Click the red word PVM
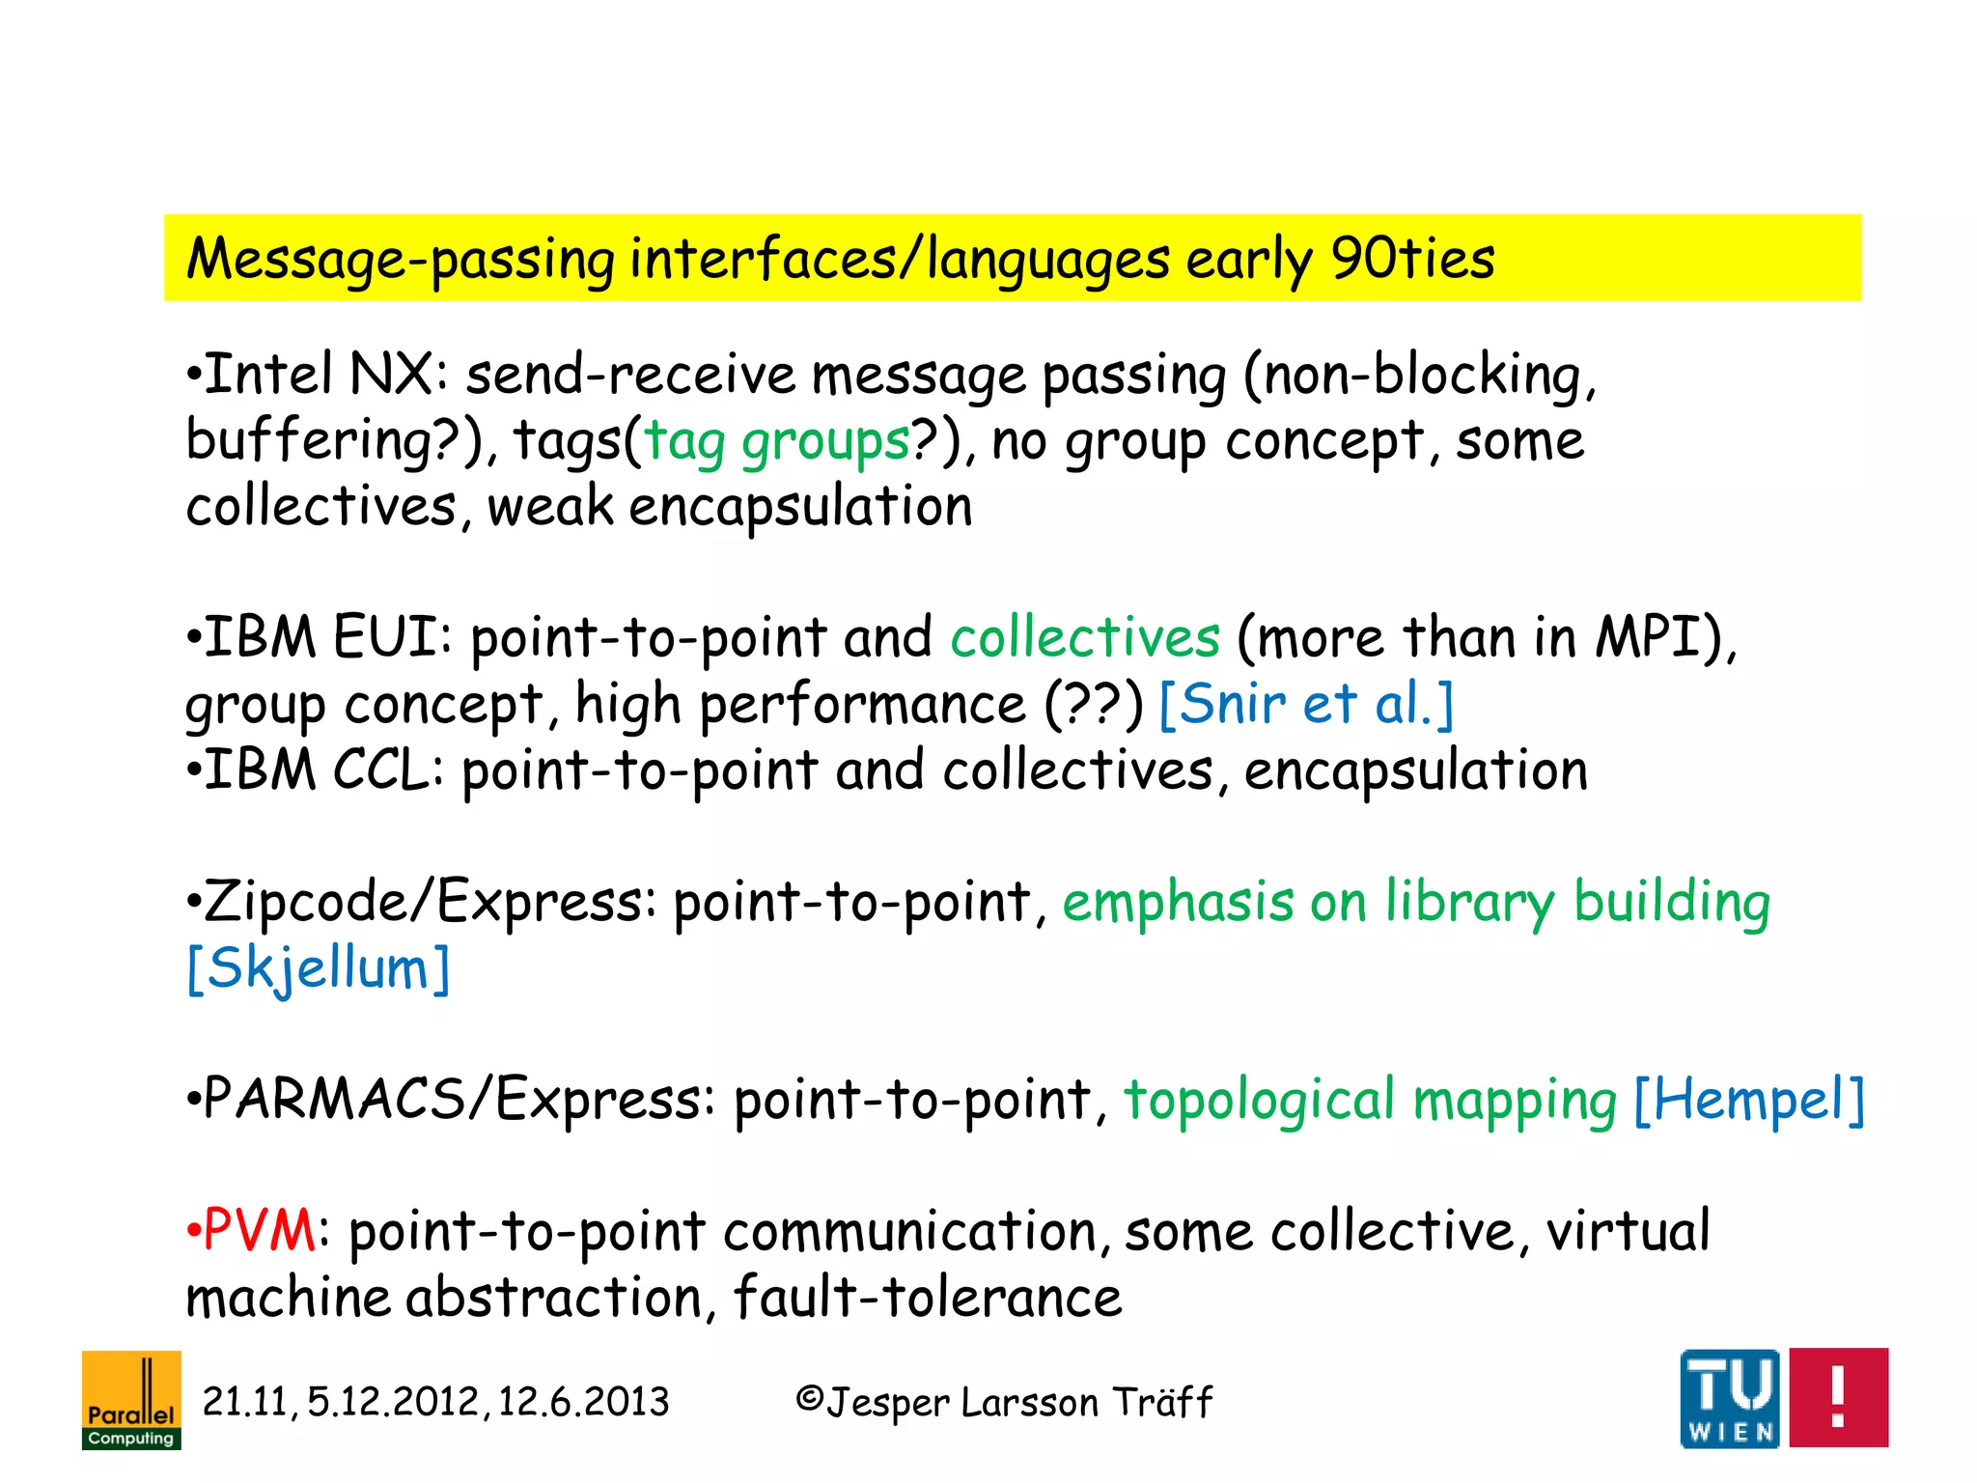click(259, 1231)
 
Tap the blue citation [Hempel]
click(1748, 1100)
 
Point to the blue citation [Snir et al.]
click(1305, 704)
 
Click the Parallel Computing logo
click(131, 1399)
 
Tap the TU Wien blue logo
click(1729, 1398)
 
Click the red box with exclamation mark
click(1838, 1397)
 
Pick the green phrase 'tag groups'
click(777, 441)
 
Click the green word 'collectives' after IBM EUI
click(1085, 638)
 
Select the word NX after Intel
click(392, 375)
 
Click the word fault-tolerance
click(928, 1297)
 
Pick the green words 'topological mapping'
click(1370, 1100)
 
